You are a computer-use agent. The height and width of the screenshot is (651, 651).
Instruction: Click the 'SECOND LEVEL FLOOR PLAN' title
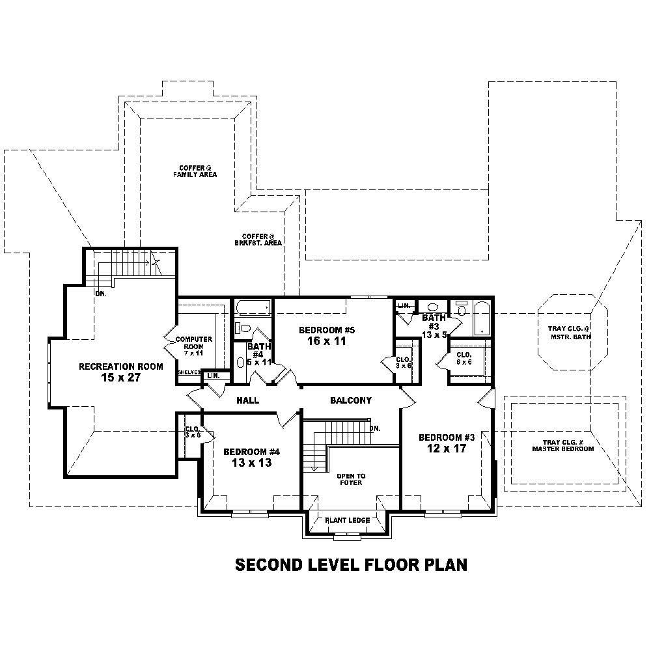[351, 564]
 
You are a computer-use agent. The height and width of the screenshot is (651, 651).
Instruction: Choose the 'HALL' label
[247, 400]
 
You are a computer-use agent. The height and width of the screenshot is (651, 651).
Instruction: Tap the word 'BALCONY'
[350, 400]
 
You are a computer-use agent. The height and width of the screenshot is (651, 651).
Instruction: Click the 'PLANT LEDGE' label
[348, 520]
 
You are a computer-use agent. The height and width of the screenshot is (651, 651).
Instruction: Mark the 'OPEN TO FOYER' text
[350, 479]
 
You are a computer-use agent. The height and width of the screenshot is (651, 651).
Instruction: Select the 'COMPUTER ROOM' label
[194, 343]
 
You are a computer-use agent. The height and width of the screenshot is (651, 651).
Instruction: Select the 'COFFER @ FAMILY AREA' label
[194, 171]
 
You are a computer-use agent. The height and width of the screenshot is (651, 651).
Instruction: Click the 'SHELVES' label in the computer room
[189, 372]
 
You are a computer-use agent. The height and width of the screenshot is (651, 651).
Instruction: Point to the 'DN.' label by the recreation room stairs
[101, 293]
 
